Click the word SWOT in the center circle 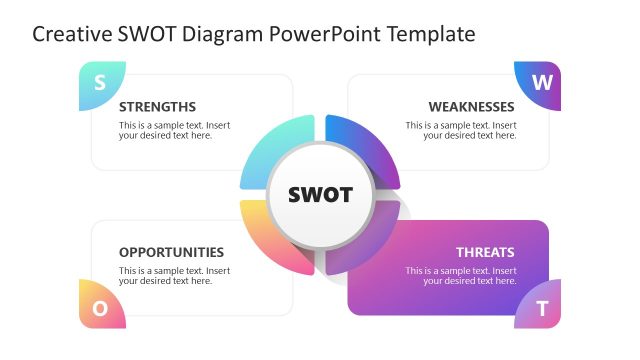point(320,195)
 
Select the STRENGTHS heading point(157,107)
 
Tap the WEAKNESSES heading point(471,107)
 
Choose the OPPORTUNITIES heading point(171,253)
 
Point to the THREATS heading point(485,253)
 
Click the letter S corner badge point(100,84)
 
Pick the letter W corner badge point(540,84)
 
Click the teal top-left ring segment point(274,150)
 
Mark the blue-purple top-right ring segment point(366,150)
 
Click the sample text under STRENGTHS point(174,131)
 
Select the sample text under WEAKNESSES point(461,131)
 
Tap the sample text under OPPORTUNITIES point(174,276)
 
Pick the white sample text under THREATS point(461,276)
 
